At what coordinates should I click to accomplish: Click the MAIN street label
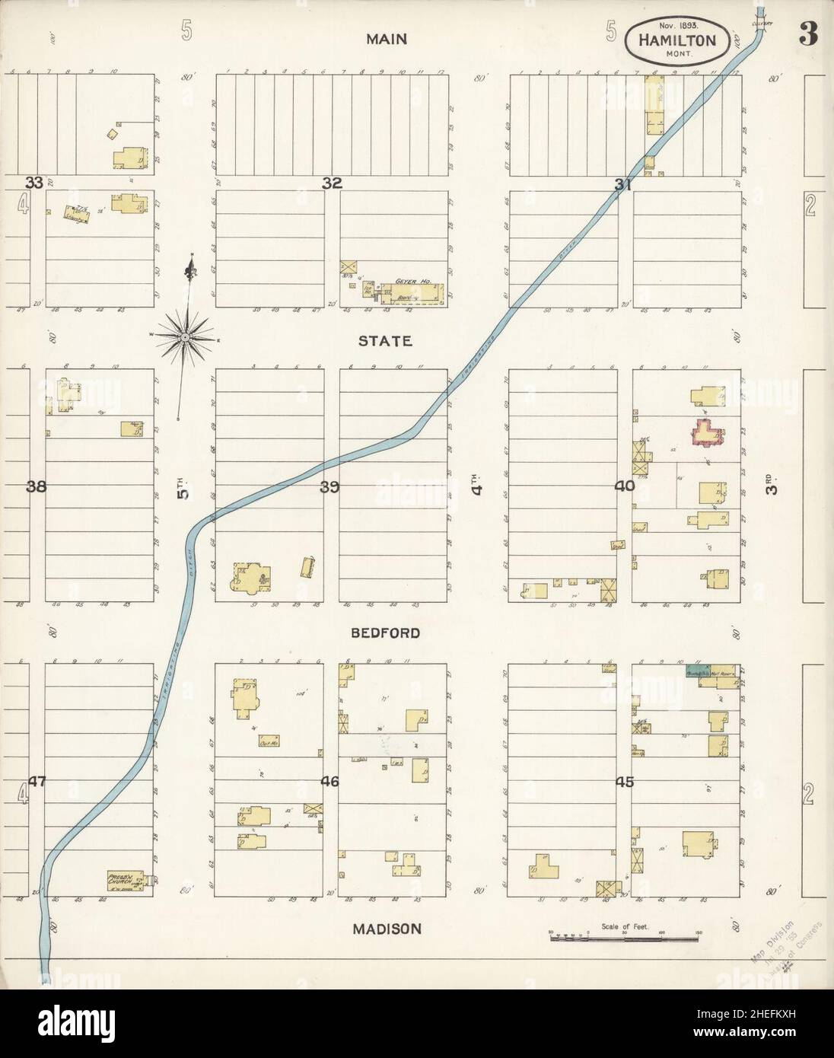pos(386,40)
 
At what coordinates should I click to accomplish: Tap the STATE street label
pos(386,341)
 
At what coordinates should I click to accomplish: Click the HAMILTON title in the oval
pos(675,39)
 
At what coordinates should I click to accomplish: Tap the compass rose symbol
pos(186,335)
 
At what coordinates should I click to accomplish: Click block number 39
pos(329,487)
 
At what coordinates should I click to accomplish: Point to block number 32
pos(332,183)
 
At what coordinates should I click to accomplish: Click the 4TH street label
pos(478,486)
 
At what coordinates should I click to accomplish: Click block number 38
pos(37,487)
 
